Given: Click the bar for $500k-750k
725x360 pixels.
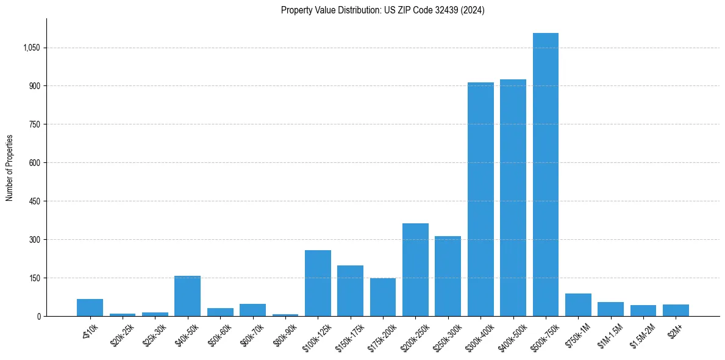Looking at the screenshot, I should tap(545, 175).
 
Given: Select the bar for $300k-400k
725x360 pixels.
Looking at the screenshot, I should tap(480, 200).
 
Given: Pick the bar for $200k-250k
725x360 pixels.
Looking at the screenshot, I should tap(415, 270).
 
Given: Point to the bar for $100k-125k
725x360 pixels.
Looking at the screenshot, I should tap(318, 283).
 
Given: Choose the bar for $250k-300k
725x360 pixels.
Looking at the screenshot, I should tap(448, 276).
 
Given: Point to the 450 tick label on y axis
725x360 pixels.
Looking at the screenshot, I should tap(34, 201).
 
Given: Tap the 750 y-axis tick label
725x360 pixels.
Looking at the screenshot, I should tap(34, 124).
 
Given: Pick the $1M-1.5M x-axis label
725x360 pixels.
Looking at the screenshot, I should tap(610, 336).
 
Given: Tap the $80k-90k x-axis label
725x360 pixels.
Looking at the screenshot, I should tap(284, 335).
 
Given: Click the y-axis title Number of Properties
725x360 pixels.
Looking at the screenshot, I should tap(10, 168).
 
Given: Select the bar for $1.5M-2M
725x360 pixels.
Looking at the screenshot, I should tap(643, 311).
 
